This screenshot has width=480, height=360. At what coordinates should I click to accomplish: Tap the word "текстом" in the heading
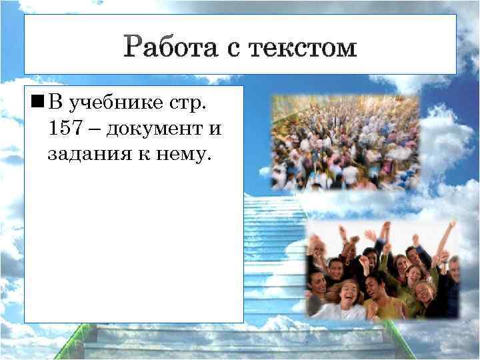click(x=303, y=48)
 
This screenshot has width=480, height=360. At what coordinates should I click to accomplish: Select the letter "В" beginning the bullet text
click(x=56, y=103)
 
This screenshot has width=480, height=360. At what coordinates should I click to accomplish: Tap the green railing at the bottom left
click(x=67, y=343)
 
